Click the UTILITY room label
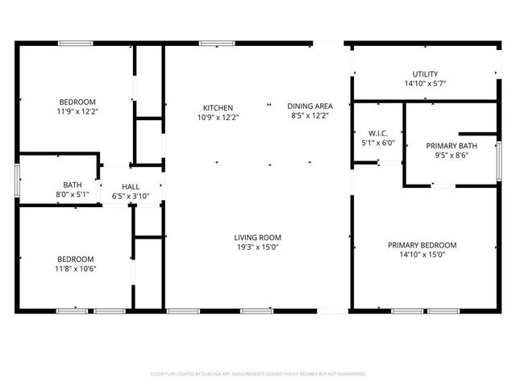(x=425, y=74)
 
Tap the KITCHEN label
(x=218, y=107)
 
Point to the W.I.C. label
(x=378, y=133)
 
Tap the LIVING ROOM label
(x=258, y=237)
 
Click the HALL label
(x=130, y=186)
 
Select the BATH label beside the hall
(x=72, y=185)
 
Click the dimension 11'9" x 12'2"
(x=77, y=111)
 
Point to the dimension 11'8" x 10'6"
(x=76, y=268)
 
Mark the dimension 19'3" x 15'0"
(x=258, y=248)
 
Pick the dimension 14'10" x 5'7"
(x=425, y=84)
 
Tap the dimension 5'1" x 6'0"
(x=378, y=143)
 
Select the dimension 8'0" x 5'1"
(x=72, y=195)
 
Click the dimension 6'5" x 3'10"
(x=130, y=196)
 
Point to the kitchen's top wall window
(x=211, y=43)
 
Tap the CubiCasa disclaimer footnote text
(x=258, y=374)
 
